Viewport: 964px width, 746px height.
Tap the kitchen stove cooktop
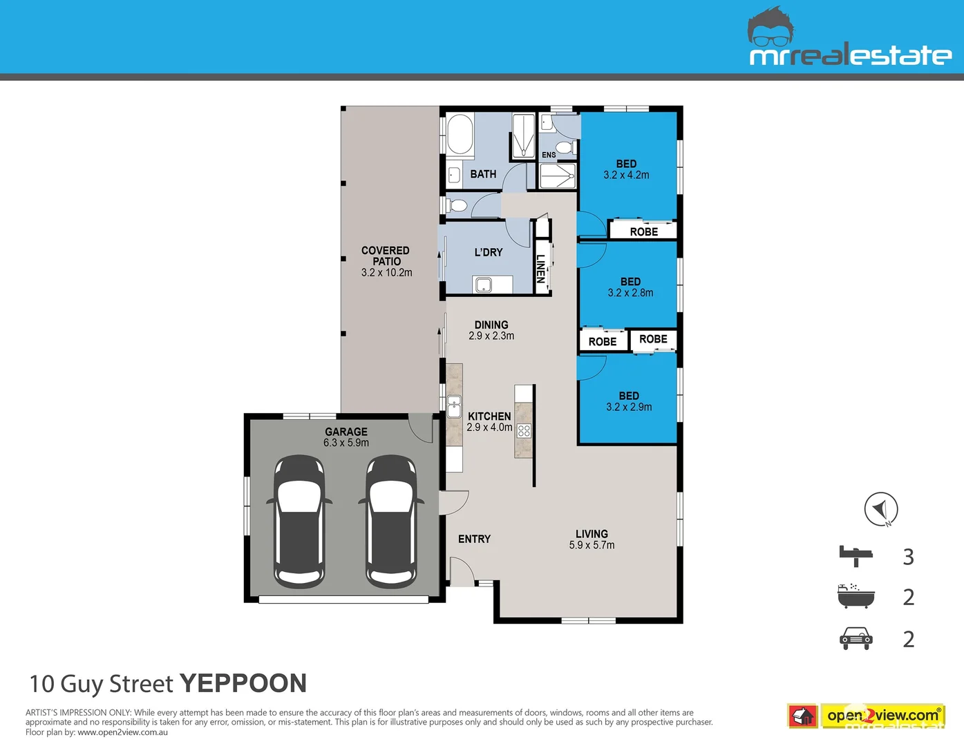[524, 430]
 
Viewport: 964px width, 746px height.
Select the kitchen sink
[454, 406]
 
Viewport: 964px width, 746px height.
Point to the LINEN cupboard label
[540, 269]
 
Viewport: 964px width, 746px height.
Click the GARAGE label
[346, 431]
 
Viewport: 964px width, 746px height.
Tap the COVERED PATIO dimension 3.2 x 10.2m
[386, 273]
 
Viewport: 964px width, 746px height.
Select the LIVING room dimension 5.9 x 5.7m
[592, 545]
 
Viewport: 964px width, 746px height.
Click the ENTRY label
[474, 539]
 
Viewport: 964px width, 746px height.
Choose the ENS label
[549, 155]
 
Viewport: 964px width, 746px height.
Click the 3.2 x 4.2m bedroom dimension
[626, 175]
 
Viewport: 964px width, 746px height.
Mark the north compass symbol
[881, 509]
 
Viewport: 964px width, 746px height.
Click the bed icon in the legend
[856, 556]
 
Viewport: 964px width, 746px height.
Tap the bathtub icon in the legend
[856, 596]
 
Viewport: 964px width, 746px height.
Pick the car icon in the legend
[856, 638]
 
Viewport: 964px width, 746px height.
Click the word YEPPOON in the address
[243, 683]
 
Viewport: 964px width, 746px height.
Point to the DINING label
[491, 325]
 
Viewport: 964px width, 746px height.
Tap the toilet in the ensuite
[565, 146]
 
